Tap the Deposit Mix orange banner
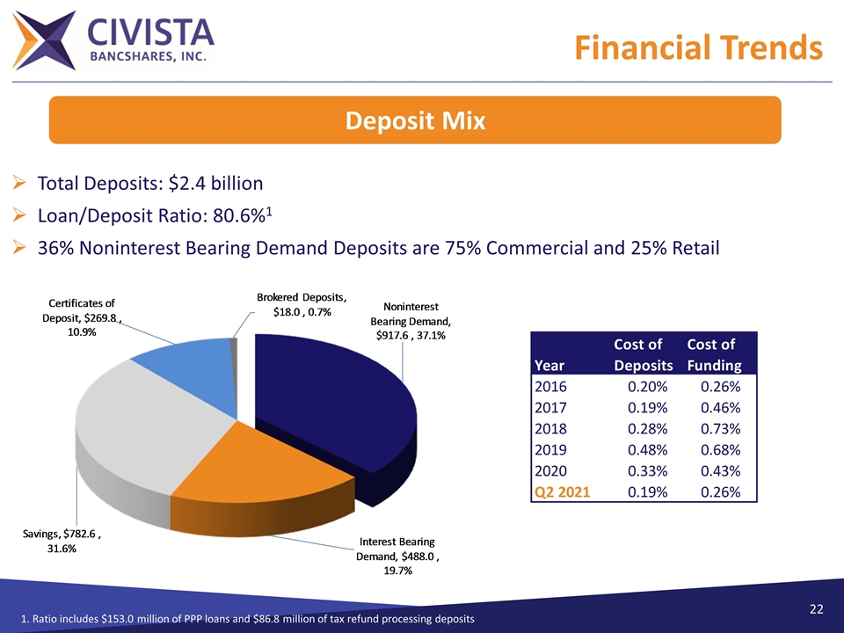414,120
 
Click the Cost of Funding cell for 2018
717,428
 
